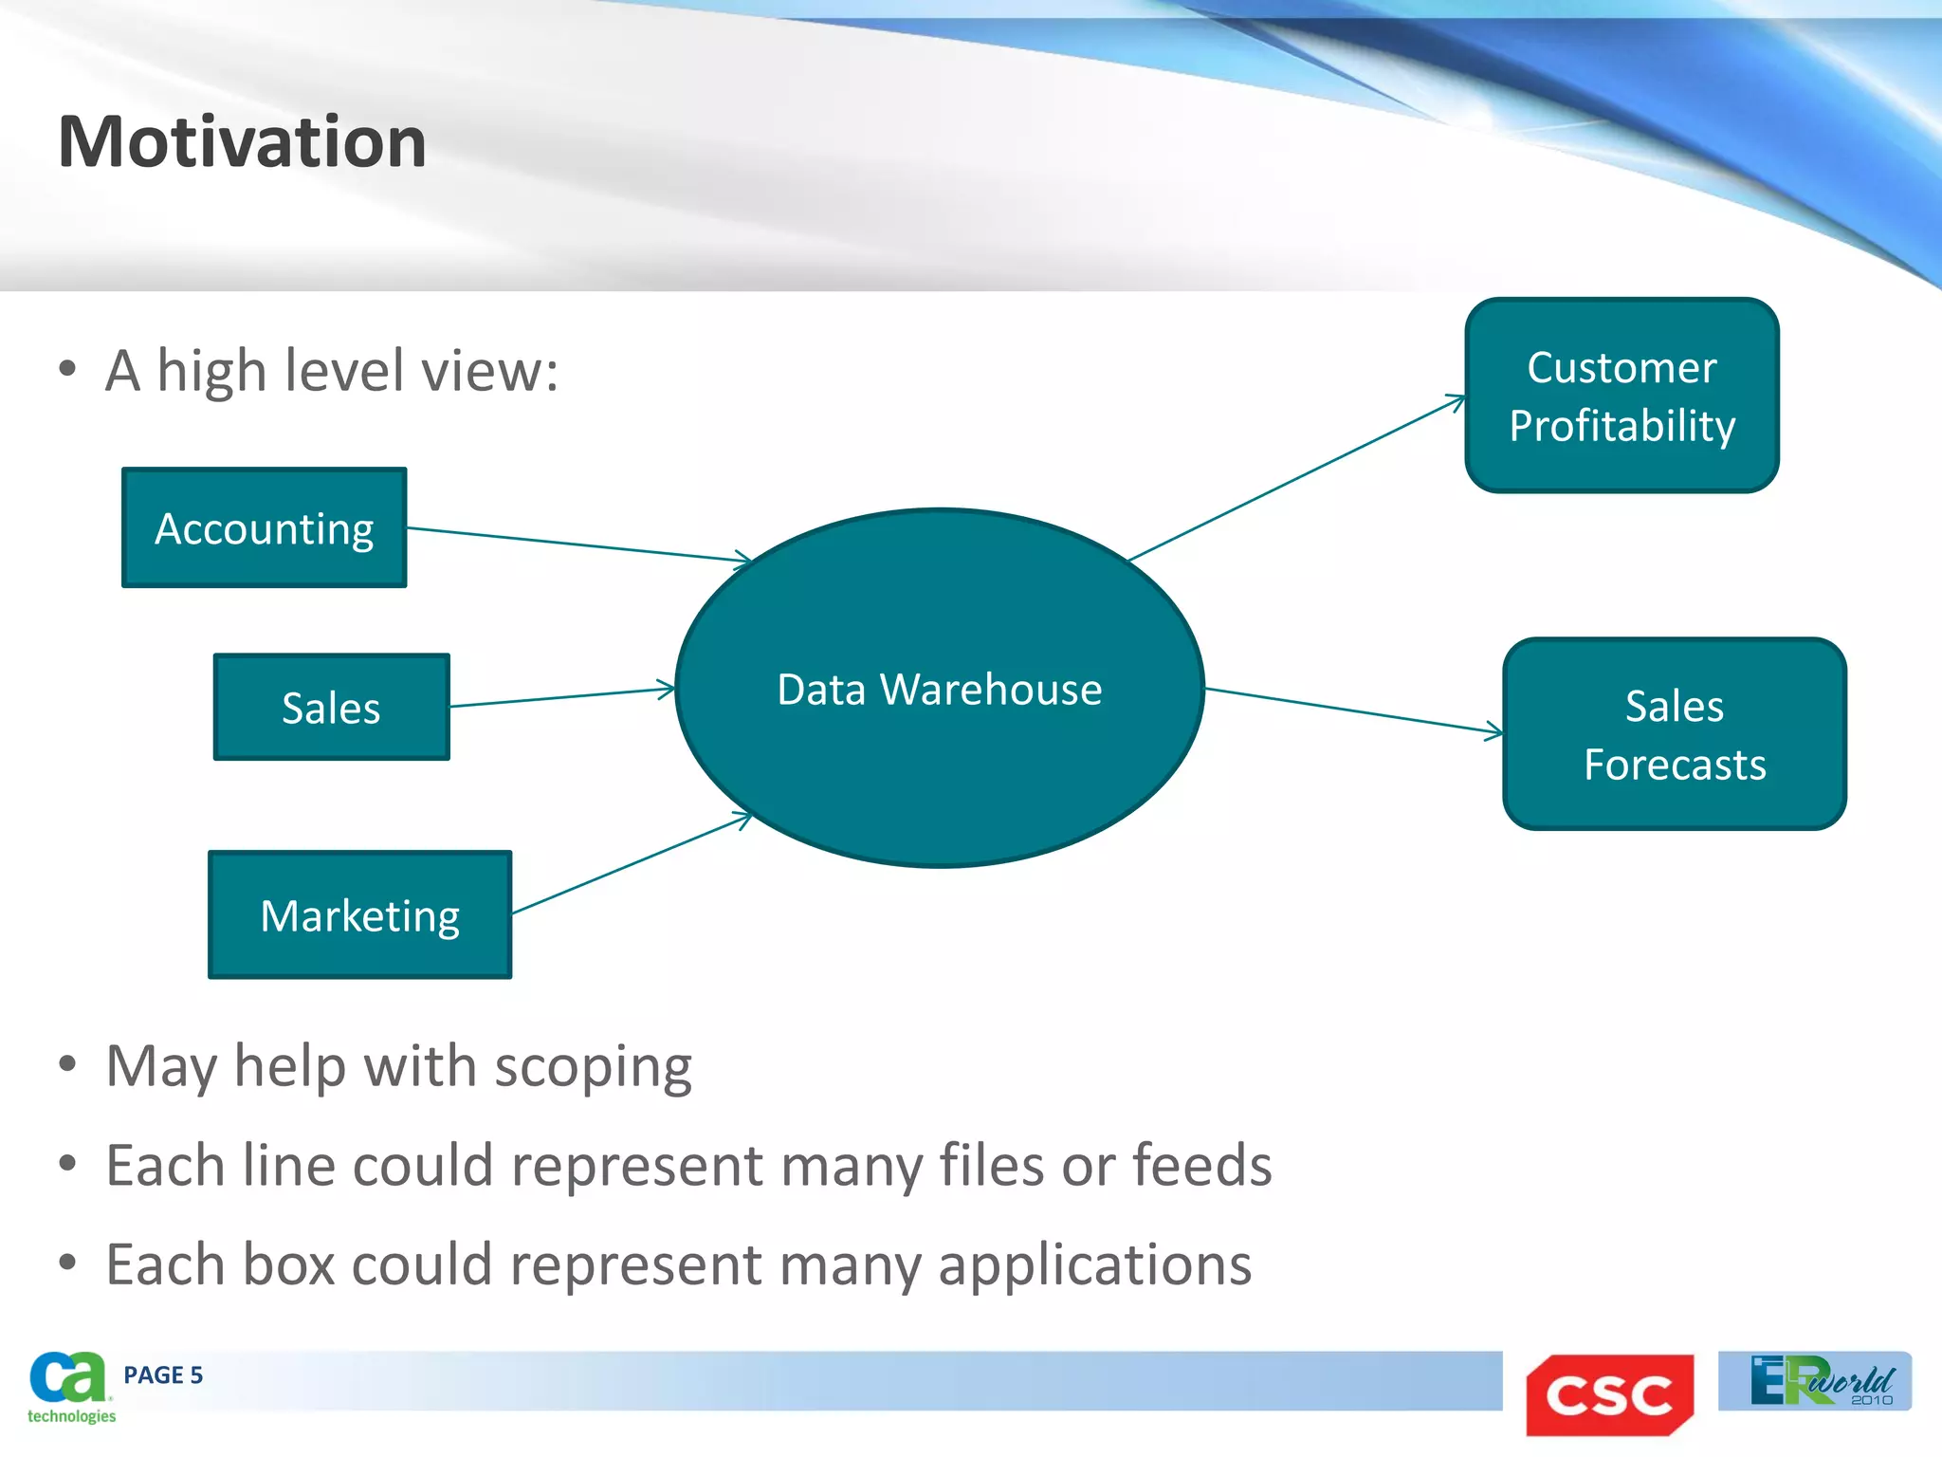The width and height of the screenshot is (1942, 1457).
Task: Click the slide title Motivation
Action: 242,142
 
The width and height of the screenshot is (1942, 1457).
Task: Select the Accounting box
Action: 265,528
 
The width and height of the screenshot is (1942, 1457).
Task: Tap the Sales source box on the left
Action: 331,708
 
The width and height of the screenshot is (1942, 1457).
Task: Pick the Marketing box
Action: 359,915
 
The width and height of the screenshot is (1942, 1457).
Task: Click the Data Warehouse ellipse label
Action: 939,690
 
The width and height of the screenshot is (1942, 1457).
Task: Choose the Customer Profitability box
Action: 1621,396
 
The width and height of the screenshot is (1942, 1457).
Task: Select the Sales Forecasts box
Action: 1674,734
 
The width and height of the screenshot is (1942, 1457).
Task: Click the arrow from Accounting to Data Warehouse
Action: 578,544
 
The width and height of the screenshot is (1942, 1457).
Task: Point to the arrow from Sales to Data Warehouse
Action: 561,697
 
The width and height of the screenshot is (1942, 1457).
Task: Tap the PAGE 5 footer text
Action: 163,1375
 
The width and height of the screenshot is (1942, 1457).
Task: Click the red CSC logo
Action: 1609,1395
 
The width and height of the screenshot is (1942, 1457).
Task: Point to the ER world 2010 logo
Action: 1814,1381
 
